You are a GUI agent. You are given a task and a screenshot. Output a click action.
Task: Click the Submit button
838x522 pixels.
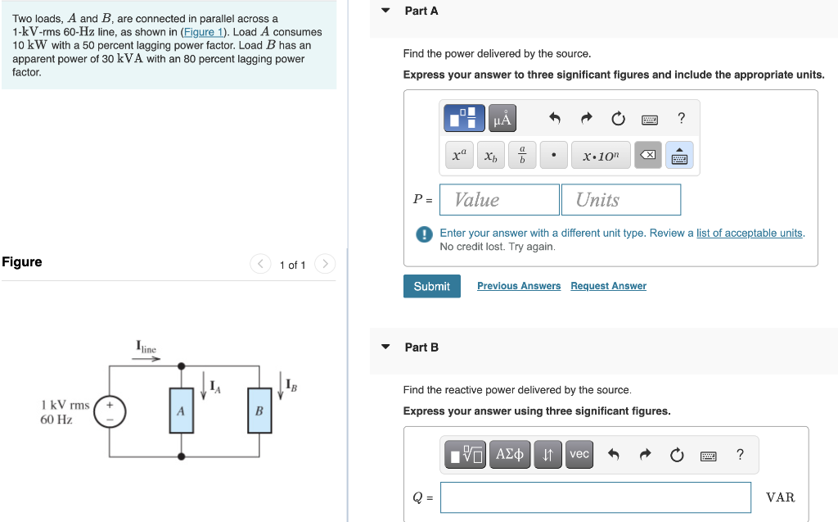point(431,286)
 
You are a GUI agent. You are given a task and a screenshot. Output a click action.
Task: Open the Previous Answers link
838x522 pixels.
point(519,286)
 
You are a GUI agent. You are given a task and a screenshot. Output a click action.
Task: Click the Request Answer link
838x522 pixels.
point(608,286)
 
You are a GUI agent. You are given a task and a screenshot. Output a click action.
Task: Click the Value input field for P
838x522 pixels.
point(499,200)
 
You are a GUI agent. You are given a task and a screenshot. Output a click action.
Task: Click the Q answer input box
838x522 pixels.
point(595,497)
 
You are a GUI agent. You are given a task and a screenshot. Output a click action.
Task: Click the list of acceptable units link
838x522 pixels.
point(749,233)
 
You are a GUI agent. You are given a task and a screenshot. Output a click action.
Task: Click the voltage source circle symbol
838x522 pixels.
point(109,411)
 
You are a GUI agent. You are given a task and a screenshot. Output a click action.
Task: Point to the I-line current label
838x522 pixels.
point(146,349)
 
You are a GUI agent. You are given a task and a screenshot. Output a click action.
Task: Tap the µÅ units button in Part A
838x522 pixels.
point(502,119)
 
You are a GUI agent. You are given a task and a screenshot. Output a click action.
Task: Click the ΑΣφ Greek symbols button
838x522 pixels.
point(510,454)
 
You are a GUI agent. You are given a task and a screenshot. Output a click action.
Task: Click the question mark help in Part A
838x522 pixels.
point(681,119)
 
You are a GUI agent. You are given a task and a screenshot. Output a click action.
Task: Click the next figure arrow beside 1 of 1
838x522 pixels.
point(325,264)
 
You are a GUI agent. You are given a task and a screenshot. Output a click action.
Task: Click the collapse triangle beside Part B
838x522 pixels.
point(386,347)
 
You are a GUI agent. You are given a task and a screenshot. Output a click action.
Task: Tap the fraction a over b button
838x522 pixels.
point(522,156)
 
